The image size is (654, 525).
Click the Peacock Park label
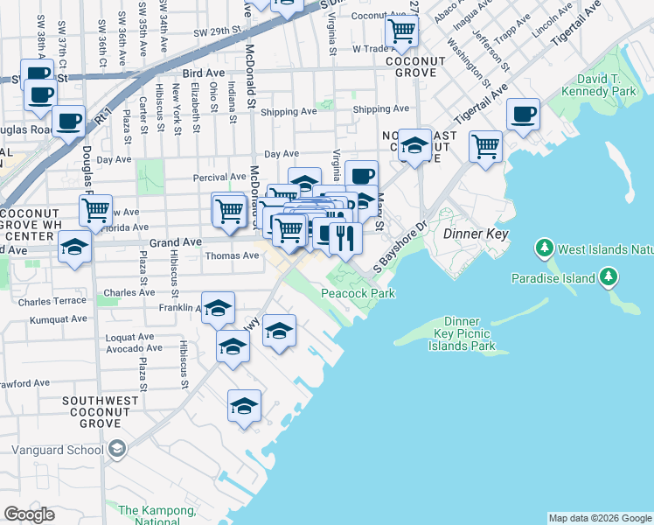point(358,293)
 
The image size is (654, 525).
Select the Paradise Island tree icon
point(609,278)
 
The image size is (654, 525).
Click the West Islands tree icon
point(546,249)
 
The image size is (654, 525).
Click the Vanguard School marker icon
point(116,450)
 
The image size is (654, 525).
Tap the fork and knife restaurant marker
point(345,236)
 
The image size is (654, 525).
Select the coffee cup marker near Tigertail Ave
point(523,114)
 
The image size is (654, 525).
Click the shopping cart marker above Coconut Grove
point(401,30)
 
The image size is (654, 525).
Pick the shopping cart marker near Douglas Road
point(95,209)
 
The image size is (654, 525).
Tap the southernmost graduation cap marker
point(245,405)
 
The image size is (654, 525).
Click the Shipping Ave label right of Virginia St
point(381,109)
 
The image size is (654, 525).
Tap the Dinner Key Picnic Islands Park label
point(462,333)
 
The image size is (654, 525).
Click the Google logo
point(30,514)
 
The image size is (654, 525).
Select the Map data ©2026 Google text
point(600,518)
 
